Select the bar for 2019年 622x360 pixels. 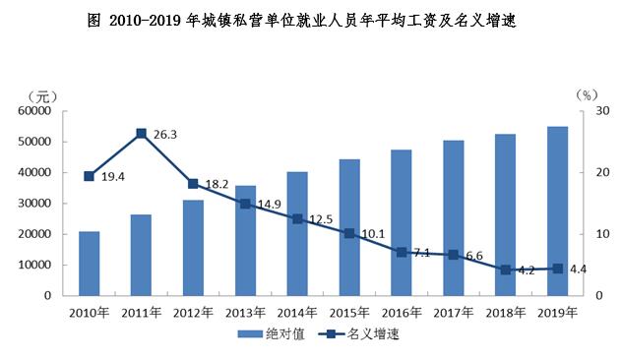click(557, 210)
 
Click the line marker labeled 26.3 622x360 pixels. click(141, 133)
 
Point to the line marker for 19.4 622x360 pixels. click(89, 176)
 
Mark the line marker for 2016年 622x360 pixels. click(401, 252)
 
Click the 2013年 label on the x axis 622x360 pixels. click(245, 312)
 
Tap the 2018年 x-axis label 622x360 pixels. click(505, 312)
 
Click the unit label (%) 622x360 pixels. click(586, 94)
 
